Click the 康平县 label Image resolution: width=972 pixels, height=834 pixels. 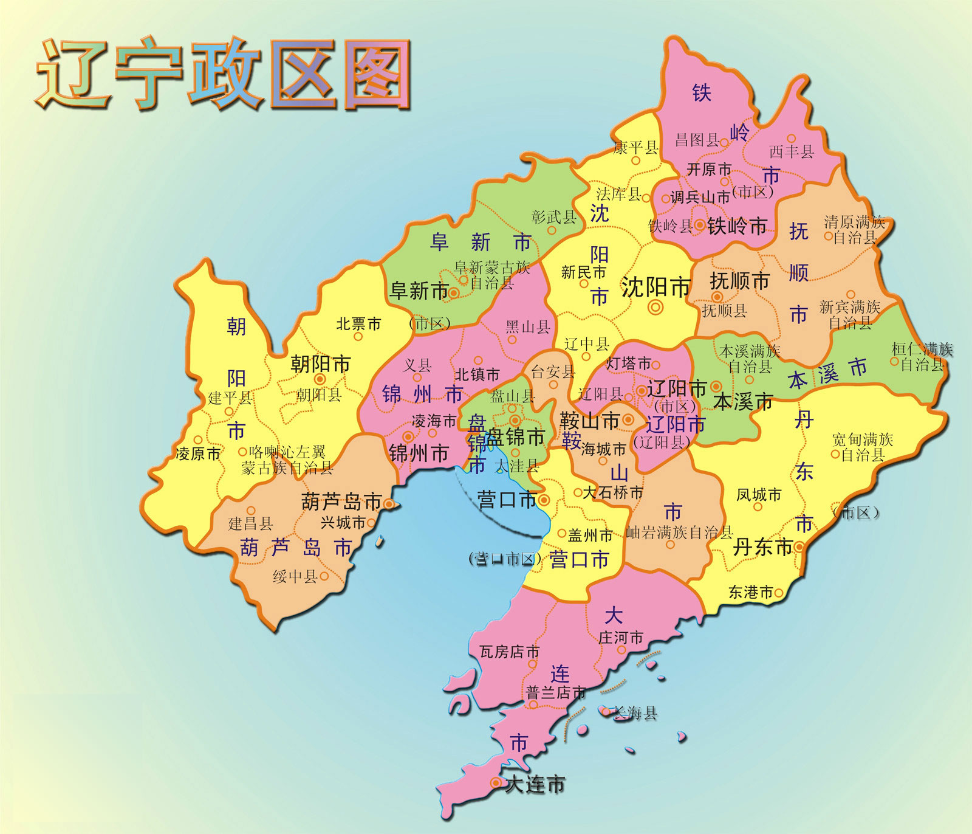pos(635,148)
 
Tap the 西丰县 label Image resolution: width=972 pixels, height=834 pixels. pos(792,151)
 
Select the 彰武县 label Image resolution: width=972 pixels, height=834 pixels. pos(553,216)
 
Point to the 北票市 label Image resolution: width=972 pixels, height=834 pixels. pos(358,324)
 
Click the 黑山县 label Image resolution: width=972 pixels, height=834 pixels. pos(527,328)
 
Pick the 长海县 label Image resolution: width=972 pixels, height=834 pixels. pos(635,712)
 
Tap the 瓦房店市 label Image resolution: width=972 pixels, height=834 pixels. pos(509,652)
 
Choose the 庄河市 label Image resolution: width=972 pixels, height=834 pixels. pos(620,638)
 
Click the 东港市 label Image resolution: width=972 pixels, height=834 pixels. pos(751,592)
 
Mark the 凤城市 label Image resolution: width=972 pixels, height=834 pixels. pos(759,495)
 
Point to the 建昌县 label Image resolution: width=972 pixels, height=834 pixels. pos(250,523)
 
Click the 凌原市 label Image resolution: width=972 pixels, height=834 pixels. pos(197,454)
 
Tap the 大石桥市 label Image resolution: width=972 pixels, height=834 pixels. pos(612,492)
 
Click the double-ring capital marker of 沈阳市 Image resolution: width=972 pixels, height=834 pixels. pos(655,308)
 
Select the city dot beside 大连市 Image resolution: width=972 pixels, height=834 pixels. pos(496,783)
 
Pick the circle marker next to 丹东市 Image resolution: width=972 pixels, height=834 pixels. pos(799,547)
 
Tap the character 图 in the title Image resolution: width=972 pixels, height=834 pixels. pos(377,74)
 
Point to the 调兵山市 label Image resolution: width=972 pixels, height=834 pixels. pos(700,198)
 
